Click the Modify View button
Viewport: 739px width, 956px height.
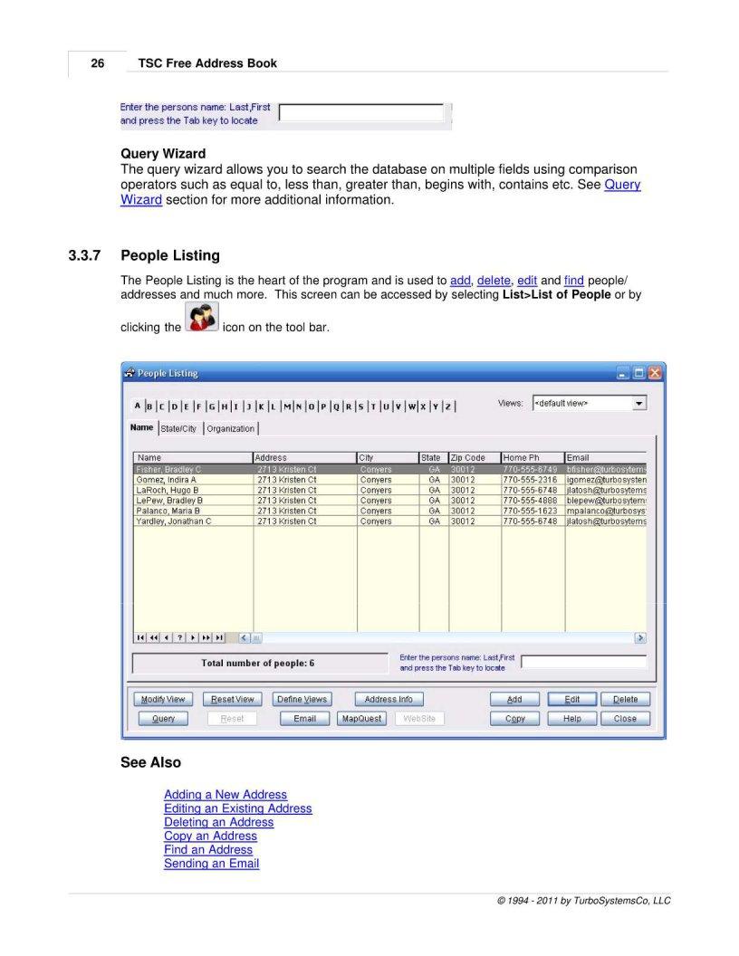pos(163,699)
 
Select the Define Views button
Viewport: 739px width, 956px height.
pos(302,699)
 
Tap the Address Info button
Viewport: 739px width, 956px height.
pos(388,699)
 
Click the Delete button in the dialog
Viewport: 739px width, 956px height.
pos(625,699)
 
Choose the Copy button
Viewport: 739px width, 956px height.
pos(515,719)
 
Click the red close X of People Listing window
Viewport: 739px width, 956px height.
pos(655,373)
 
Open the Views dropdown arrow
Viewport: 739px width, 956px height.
pos(639,403)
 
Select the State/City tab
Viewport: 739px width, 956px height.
pos(178,428)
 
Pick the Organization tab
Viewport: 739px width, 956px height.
pos(230,428)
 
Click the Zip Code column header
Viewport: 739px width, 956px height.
pos(474,458)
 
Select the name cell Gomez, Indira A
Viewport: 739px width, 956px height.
pos(167,480)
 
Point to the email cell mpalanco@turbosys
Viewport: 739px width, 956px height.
pos(606,511)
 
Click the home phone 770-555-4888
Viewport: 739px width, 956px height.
pos(531,501)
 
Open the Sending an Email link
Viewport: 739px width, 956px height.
pos(211,864)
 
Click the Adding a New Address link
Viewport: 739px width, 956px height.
pos(226,795)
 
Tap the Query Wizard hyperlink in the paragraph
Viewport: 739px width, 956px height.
pos(622,185)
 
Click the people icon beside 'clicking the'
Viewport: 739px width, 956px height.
pos(201,318)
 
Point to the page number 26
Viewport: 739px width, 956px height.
pos(97,63)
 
